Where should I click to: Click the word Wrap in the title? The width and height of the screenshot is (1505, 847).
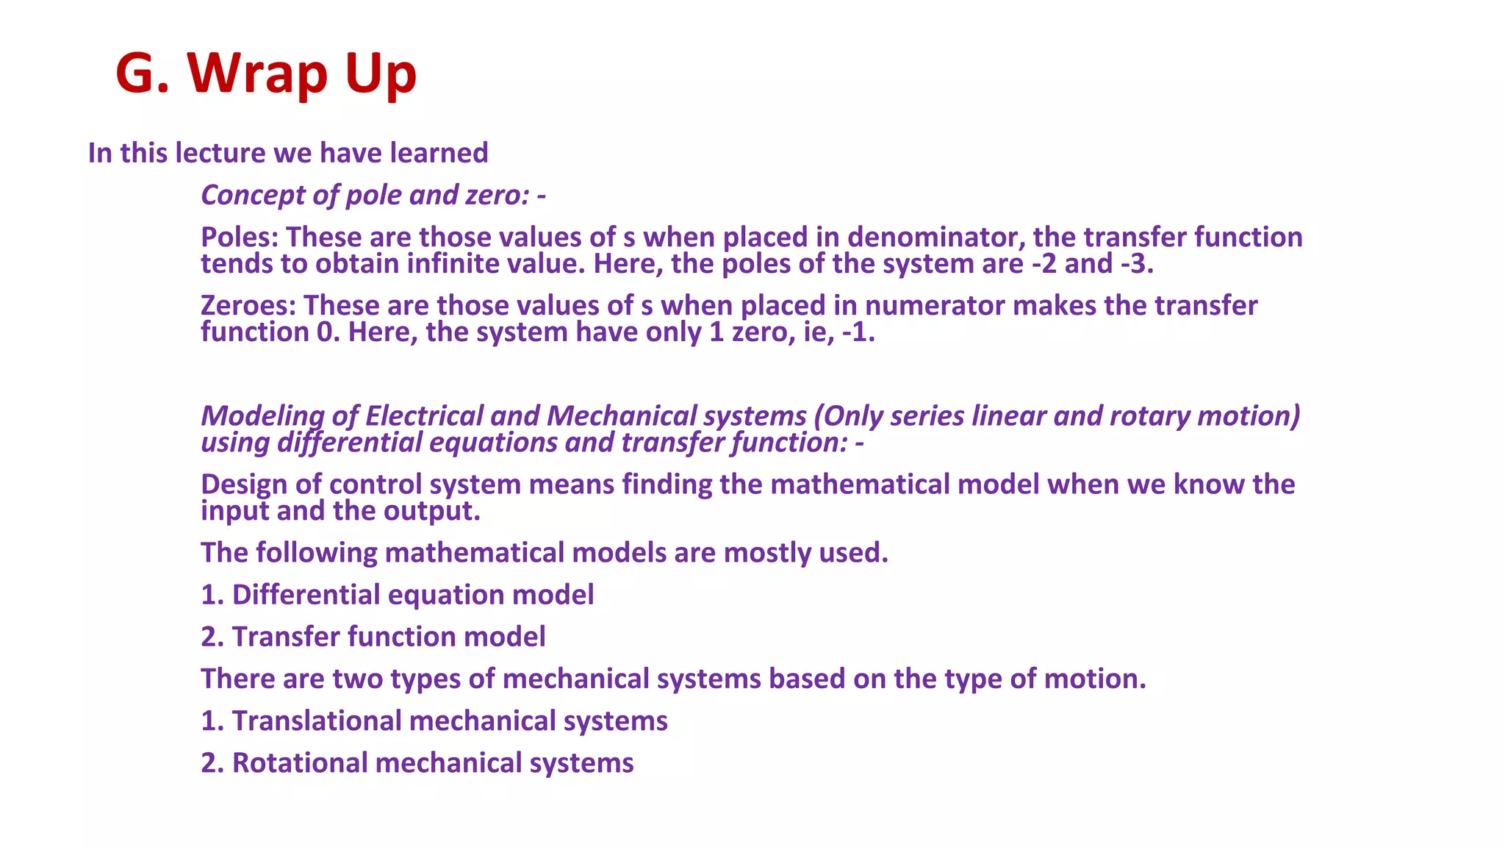point(257,75)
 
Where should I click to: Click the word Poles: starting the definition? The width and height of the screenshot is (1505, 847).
point(240,237)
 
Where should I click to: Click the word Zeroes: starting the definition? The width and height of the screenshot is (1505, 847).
point(248,306)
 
